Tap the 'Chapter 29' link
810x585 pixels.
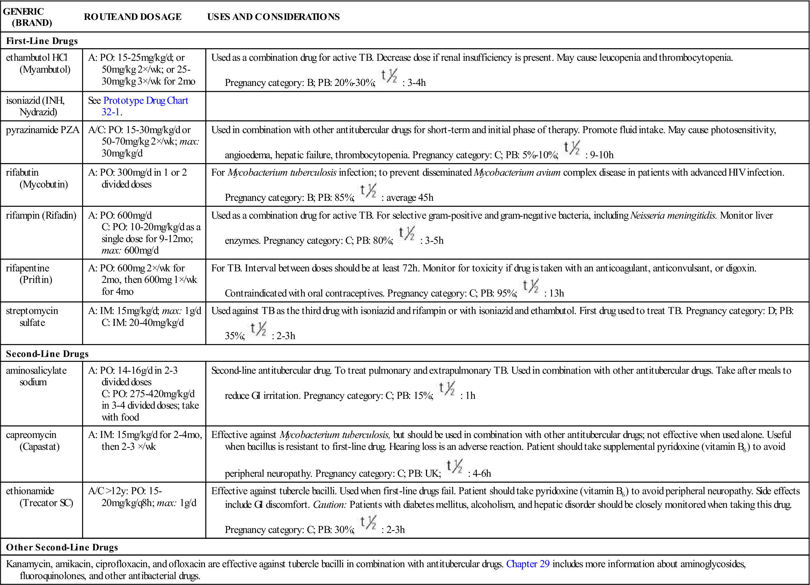528,564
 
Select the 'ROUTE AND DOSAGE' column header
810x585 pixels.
133,17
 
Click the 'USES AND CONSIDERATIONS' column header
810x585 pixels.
273,17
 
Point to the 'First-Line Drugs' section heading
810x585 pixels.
42,41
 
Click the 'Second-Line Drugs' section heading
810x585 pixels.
47,354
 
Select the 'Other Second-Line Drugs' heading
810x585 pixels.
62,548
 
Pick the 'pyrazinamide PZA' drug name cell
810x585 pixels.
43,130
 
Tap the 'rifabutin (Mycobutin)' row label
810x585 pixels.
37,178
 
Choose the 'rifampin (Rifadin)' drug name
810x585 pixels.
41,215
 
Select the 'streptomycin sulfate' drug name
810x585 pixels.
32,317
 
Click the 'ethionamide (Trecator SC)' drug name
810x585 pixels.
39,497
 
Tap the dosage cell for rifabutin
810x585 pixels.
138,178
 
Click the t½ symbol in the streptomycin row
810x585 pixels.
258,329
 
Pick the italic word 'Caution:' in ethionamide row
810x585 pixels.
330,505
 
